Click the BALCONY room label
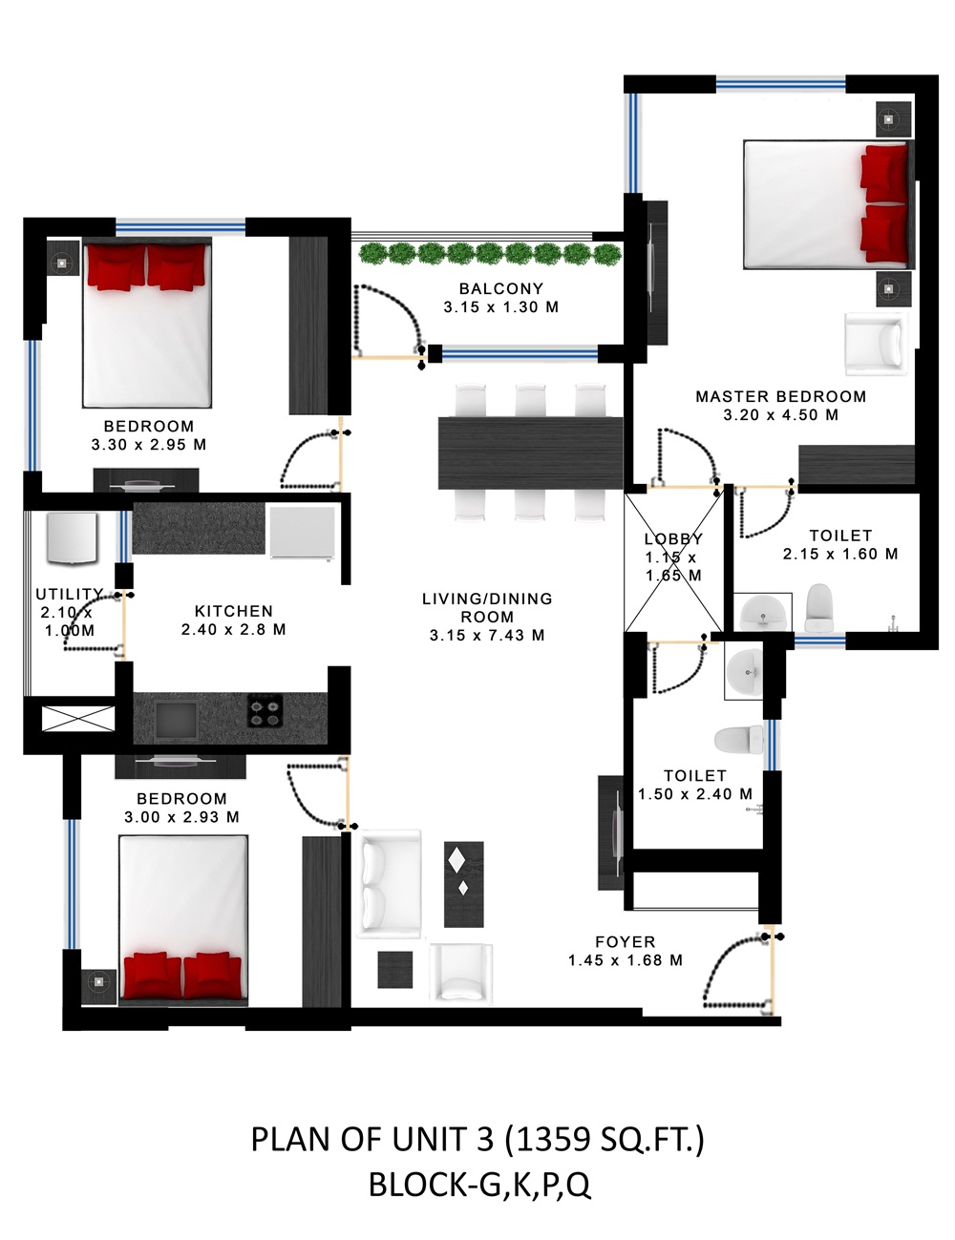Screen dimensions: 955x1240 tap(500, 288)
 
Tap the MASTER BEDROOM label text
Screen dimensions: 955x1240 tap(780, 396)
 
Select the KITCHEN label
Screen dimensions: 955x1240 tap(233, 611)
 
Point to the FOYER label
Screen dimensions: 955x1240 tap(626, 941)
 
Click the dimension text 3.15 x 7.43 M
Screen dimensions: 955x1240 tap(487, 635)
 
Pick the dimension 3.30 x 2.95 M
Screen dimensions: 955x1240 tap(148, 445)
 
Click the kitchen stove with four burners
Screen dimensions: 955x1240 tap(265, 710)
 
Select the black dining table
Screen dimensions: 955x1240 tap(530, 453)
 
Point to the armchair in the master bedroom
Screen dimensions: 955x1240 tap(877, 344)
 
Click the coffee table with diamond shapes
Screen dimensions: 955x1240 tap(463, 884)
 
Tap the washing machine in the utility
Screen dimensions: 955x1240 tap(72, 538)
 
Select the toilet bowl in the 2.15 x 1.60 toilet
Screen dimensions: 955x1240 tap(819, 608)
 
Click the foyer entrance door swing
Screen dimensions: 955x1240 tap(737, 971)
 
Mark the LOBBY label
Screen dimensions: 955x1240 tap(673, 538)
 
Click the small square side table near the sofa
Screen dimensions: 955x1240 tap(395, 969)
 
